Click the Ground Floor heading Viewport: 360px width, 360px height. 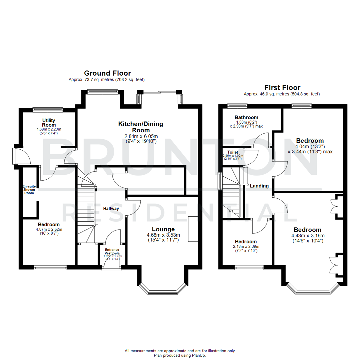click(x=107, y=73)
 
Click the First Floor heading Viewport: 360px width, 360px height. click(x=282, y=88)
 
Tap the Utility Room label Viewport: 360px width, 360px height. click(x=49, y=122)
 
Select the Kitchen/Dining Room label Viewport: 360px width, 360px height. click(x=141, y=127)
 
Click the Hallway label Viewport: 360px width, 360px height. click(x=111, y=209)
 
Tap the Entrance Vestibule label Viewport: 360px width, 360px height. click(x=112, y=251)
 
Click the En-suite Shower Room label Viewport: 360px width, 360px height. click(x=29, y=190)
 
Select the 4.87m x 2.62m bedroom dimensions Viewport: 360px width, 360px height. click(x=49, y=229)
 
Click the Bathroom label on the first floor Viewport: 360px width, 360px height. click(x=246, y=117)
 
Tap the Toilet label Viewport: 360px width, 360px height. click(x=233, y=152)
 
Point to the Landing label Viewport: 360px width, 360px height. click(x=259, y=186)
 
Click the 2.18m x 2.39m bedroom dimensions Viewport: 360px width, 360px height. click(x=246, y=246)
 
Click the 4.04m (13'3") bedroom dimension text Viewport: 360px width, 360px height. click(x=309, y=146)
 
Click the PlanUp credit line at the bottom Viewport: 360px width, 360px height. click(x=180, y=355)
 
